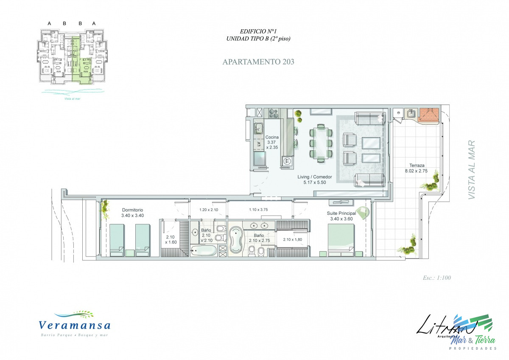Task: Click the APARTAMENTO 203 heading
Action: coord(258,62)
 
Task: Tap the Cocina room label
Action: coord(272,138)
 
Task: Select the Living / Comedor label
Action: coord(314,177)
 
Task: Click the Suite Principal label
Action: coord(341,213)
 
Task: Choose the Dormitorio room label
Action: coord(132,210)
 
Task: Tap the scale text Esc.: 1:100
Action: coord(436,278)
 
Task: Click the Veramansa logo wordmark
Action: coord(75,326)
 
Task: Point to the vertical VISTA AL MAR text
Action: coord(471,170)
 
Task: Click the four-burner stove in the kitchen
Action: coord(274,113)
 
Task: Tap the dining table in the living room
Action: coord(321,142)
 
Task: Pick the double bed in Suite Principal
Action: coord(341,240)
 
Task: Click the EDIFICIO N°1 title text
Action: coord(258,31)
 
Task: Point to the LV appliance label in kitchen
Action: coord(258,144)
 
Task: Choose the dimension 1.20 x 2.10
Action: coord(209,210)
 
